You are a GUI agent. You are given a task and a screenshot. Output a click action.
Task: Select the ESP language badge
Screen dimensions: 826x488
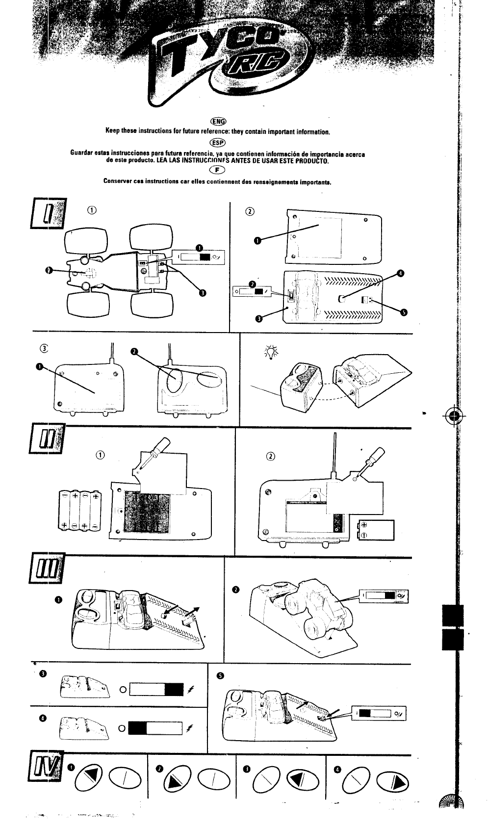217,143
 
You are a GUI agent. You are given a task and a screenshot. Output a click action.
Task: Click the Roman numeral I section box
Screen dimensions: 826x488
48,212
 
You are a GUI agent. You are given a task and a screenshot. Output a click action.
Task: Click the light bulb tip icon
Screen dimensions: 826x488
270,352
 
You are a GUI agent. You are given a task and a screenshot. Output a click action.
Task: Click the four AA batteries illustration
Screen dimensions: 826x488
79,511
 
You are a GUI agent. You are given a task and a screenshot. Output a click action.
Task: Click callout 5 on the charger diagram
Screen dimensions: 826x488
405,313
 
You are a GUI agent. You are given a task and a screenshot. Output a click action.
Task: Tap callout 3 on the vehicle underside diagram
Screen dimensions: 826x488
203,293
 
